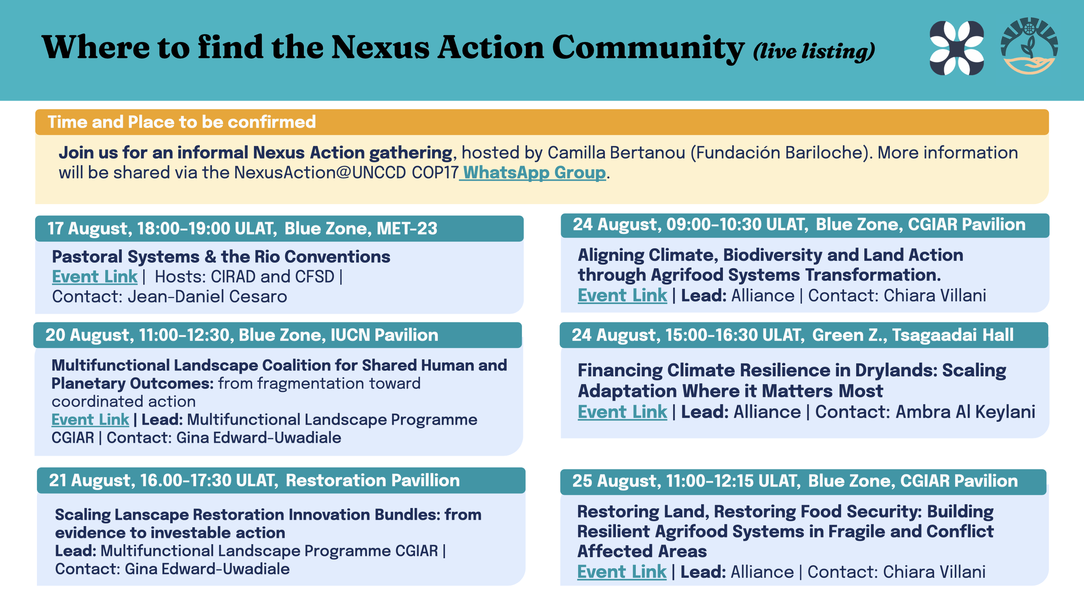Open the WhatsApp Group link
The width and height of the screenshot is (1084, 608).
click(x=535, y=172)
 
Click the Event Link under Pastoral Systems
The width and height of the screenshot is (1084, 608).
click(x=95, y=276)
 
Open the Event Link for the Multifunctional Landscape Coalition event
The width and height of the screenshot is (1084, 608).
click(x=90, y=419)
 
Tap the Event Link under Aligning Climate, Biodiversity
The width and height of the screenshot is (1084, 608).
click(x=622, y=296)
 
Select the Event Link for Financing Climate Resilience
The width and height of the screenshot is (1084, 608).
click(x=622, y=412)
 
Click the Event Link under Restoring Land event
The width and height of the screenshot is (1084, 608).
click(x=622, y=572)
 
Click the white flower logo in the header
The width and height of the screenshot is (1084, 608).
click(x=957, y=48)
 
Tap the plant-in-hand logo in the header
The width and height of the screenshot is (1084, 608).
click(x=1029, y=46)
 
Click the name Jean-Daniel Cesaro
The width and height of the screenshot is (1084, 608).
click(x=207, y=297)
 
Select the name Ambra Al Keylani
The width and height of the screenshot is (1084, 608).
click(x=965, y=412)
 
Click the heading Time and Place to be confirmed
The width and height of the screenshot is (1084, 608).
click(x=182, y=122)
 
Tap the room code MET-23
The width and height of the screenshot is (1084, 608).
click(x=407, y=228)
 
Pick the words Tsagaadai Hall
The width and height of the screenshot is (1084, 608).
click(x=953, y=335)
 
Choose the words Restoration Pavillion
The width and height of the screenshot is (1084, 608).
click(x=372, y=480)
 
